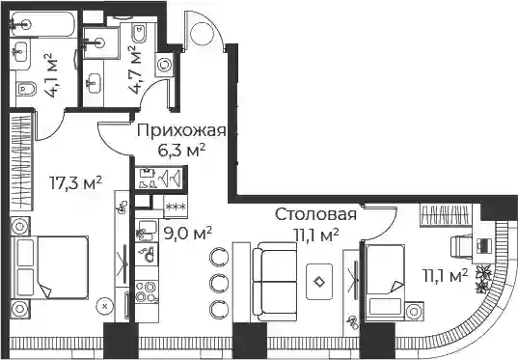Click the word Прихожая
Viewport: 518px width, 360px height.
point(181,131)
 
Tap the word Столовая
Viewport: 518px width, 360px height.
point(315,214)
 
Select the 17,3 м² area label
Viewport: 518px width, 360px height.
point(75,182)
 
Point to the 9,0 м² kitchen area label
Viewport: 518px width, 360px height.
point(188,234)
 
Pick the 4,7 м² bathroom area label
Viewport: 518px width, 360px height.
point(134,69)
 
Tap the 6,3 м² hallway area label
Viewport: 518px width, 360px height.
point(181,151)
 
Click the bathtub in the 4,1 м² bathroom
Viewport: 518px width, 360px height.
point(43,24)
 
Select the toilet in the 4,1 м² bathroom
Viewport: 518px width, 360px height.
point(26,88)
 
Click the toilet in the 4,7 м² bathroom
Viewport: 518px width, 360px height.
point(140,33)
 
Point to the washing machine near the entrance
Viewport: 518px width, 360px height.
point(164,65)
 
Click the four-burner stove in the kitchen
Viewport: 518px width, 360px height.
point(147,291)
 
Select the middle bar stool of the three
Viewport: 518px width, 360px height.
point(219,283)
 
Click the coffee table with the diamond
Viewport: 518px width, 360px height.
point(319,282)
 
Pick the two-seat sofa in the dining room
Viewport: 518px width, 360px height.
point(275,281)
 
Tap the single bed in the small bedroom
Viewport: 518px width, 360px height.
point(385,282)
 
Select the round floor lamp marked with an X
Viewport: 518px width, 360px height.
point(105,306)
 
